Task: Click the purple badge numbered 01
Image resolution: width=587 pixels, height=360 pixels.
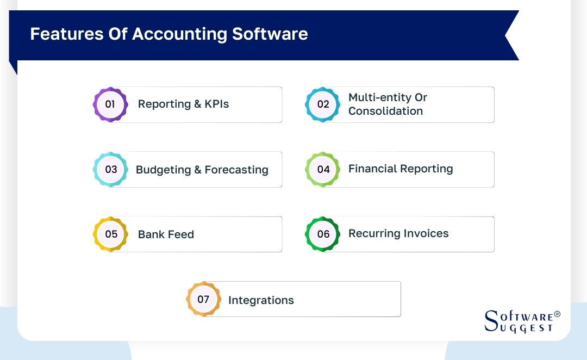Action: click(x=110, y=104)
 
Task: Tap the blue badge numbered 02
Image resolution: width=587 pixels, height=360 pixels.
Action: click(x=323, y=104)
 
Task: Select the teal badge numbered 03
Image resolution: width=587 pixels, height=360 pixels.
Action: click(x=111, y=169)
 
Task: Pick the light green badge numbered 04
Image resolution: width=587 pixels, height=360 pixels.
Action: click(x=323, y=169)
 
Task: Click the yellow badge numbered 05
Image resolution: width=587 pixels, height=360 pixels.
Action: click(x=111, y=234)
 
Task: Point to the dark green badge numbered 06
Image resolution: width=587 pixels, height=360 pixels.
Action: click(x=323, y=234)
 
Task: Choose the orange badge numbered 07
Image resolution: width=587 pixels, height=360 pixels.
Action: click(x=203, y=299)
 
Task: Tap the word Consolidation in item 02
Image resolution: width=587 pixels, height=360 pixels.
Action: click(x=385, y=111)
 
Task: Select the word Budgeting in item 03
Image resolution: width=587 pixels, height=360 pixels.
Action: click(x=163, y=170)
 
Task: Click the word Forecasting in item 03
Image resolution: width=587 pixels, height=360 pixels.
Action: click(x=236, y=170)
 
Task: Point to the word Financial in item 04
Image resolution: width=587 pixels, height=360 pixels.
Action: click(x=373, y=169)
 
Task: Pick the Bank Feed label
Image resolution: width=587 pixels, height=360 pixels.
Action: click(x=166, y=234)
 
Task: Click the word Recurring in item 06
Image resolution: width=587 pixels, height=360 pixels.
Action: click(x=373, y=234)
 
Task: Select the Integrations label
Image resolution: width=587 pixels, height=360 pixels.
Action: click(x=261, y=300)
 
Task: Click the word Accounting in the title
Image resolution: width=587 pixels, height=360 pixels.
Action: click(x=179, y=34)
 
